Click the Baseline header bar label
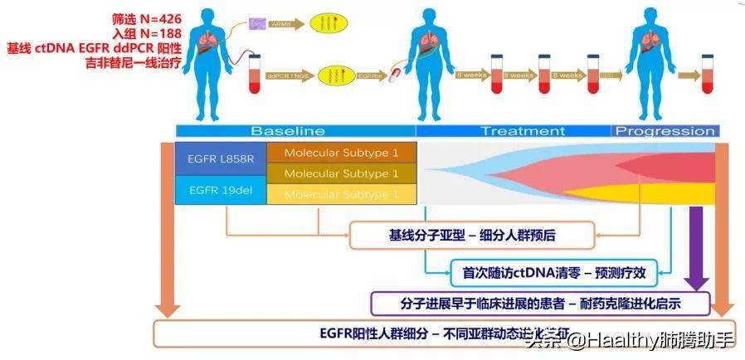288,131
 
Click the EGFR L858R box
215,158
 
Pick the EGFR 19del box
215,191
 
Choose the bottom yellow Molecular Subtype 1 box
341,194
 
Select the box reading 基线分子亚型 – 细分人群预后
471,236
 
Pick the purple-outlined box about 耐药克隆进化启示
540,304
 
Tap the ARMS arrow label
283,26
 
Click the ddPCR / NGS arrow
288,75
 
